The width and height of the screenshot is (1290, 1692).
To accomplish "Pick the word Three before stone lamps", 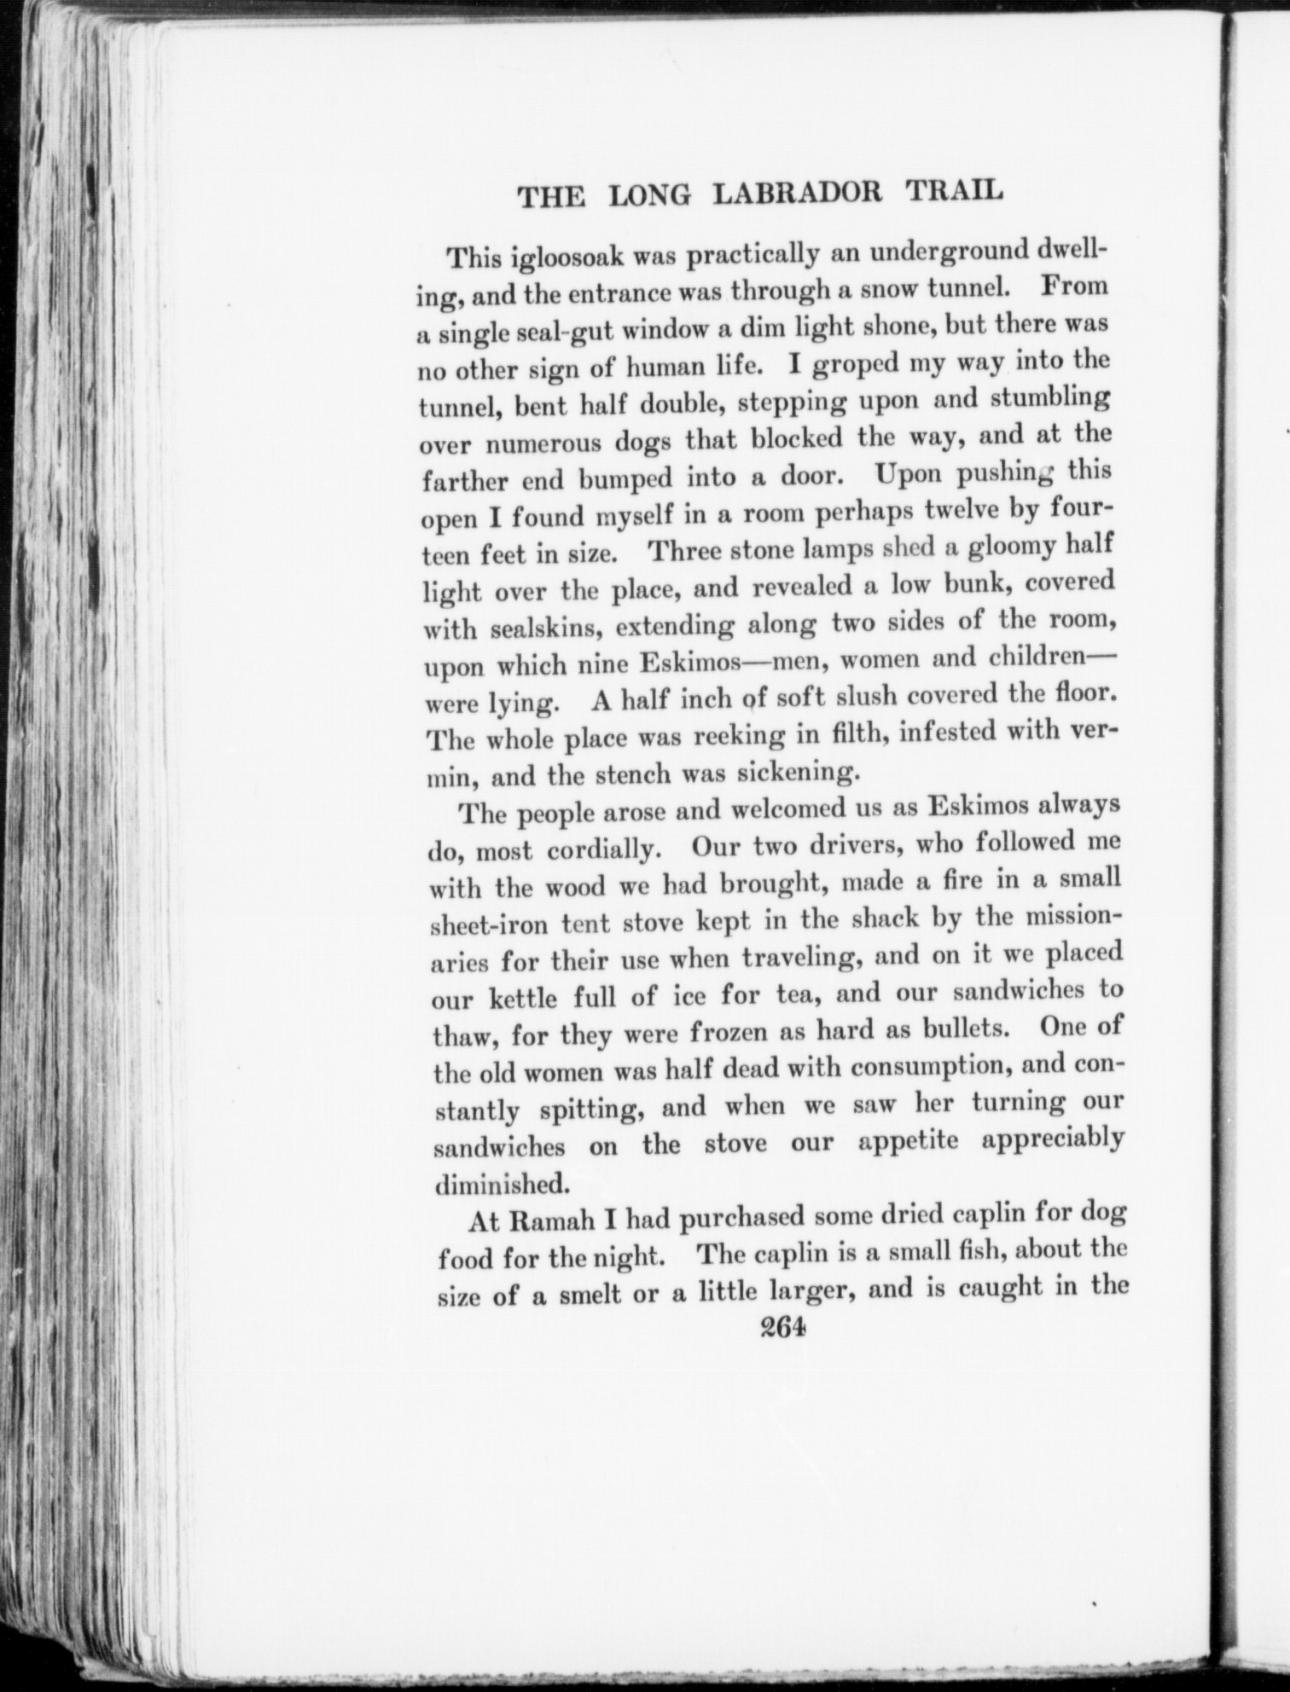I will pos(687,550).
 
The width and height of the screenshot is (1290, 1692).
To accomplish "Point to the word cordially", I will pos(601,850).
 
